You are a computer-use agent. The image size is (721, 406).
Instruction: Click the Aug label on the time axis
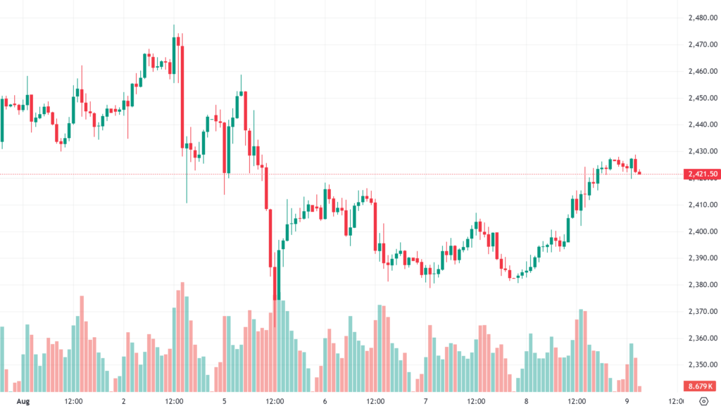coord(23,401)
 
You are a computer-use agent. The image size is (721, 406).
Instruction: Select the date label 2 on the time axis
coord(124,401)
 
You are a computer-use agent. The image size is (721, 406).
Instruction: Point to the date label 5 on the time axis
coord(224,401)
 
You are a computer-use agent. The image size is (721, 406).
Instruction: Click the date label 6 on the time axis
coord(325,401)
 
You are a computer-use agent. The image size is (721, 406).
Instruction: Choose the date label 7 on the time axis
coord(425,401)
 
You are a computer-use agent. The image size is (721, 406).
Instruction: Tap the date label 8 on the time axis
coord(526,401)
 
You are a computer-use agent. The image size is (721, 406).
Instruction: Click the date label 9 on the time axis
coord(626,401)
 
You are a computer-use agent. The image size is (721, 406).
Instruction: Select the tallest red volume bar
coord(182,336)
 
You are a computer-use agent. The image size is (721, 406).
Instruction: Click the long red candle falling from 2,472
coord(182,95)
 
